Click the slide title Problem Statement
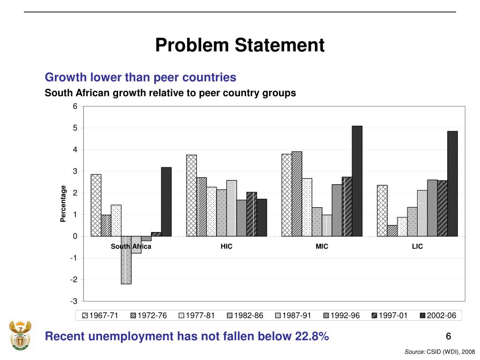(x=240, y=45)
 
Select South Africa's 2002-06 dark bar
(x=166, y=202)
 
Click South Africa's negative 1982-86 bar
(x=126, y=260)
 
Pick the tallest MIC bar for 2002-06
(x=357, y=181)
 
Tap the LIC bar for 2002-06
(x=452, y=183)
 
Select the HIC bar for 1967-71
(x=191, y=195)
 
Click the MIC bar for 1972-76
(x=297, y=194)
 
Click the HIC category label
(x=226, y=247)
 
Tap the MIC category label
(x=322, y=247)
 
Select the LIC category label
(x=417, y=247)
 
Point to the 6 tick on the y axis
(x=75, y=107)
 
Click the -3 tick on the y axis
(x=74, y=301)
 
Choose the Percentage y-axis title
(x=63, y=204)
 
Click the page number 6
(x=448, y=337)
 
